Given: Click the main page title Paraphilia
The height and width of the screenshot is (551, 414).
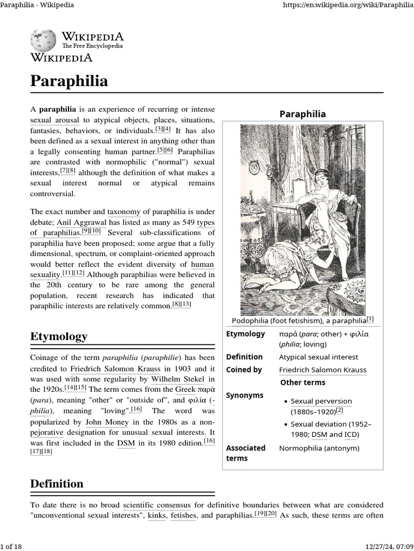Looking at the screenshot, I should [69, 81].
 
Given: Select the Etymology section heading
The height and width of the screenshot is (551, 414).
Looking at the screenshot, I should [59, 337].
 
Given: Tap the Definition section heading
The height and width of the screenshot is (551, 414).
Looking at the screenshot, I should [57, 484].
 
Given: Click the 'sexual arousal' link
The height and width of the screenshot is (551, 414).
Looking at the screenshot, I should [54, 120].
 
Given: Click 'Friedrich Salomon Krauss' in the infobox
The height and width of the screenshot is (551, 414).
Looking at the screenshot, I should [322, 370].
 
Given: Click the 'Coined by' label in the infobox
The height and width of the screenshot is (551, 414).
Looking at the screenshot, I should [244, 370].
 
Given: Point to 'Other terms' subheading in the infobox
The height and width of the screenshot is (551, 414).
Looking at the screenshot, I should [302, 383].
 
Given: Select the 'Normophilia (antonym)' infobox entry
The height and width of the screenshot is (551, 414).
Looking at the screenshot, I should [319, 448].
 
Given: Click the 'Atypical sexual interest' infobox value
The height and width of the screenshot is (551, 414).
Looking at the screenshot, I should [318, 357].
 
